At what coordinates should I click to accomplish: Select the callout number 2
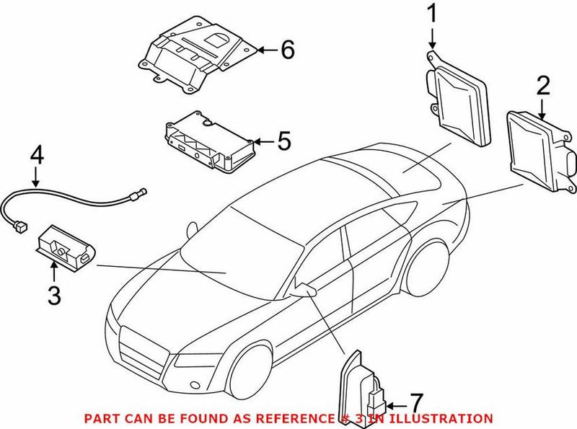(542, 87)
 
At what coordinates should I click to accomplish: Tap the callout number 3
(54, 295)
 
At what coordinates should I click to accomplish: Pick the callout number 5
(283, 141)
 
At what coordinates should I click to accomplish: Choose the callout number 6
(287, 50)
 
